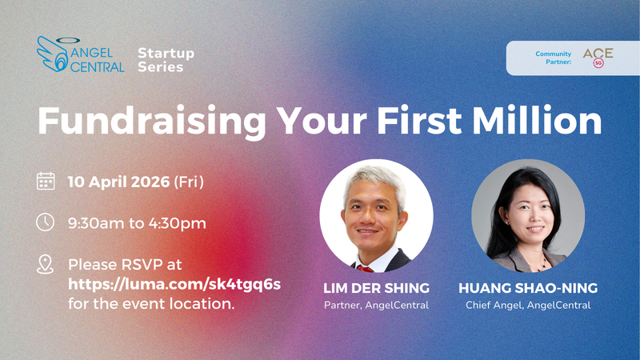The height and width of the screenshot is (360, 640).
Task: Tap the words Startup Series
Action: (166, 60)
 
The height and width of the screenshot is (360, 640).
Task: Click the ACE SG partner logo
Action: (598, 57)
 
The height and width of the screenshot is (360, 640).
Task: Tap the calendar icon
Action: (46, 181)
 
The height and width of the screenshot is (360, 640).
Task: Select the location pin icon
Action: (46, 264)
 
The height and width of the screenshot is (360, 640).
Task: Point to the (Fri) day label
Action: (189, 182)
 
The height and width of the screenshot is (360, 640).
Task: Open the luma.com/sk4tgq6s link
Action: (175, 284)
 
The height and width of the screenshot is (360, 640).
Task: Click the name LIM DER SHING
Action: (375, 287)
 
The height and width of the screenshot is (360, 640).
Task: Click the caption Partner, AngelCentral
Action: (375, 304)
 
